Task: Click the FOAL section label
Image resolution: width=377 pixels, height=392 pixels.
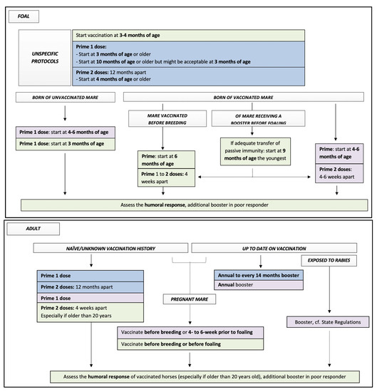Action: point(24,14)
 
